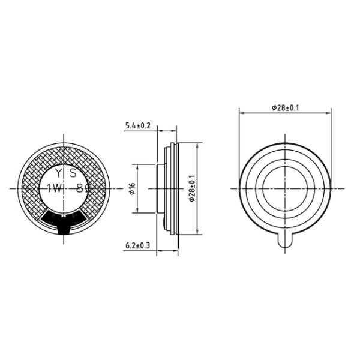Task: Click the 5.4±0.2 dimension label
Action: click(137, 125)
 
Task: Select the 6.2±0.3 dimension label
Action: click(138, 245)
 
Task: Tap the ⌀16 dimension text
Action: click(132, 189)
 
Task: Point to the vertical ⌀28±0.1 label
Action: click(192, 188)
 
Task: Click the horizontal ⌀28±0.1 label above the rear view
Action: click(286, 107)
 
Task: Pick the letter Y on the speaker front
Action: click(59, 173)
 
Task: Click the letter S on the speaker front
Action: click(73, 173)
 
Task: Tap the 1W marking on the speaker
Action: click(55, 188)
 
